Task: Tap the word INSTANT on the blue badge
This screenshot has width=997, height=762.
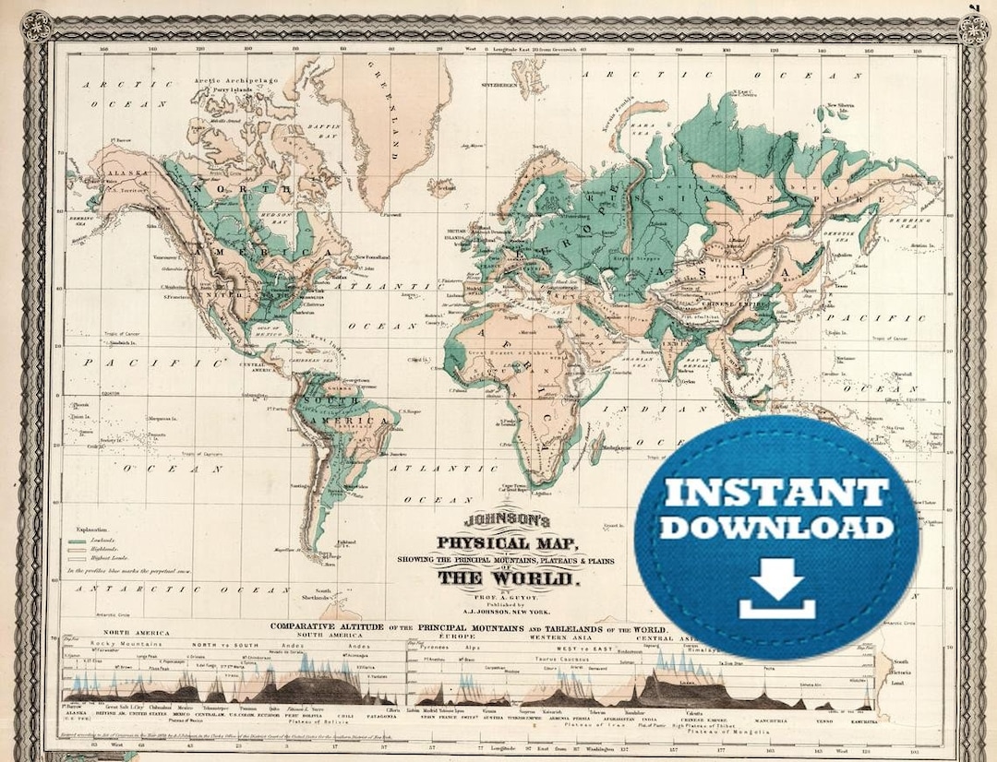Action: coord(776,491)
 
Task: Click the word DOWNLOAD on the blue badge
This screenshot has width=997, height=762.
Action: coord(776,527)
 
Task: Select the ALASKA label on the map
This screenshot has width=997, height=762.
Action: coord(118,173)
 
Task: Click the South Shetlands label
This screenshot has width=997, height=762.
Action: coord(323,595)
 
